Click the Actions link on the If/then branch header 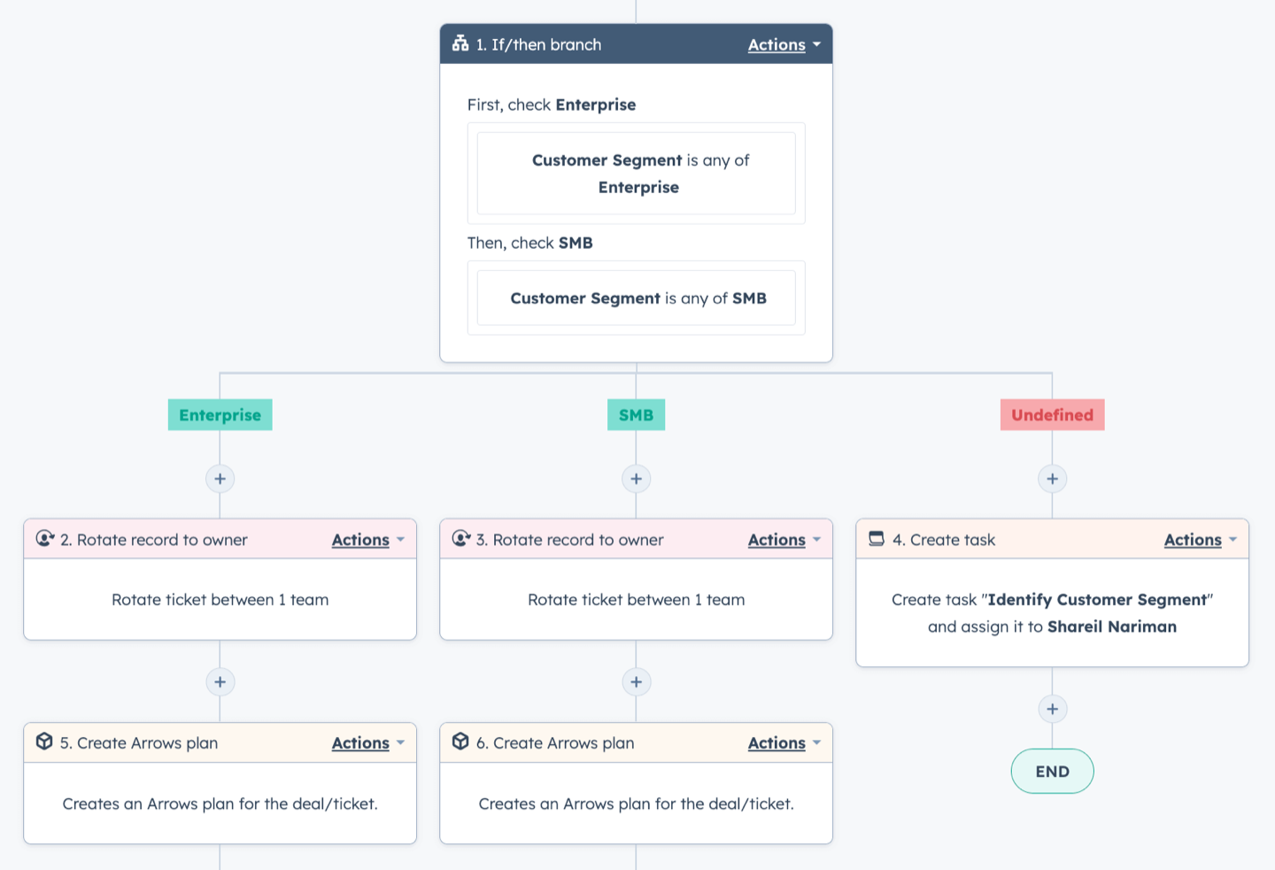click(x=777, y=44)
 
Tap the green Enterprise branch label click(x=220, y=415)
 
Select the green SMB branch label click(x=636, y=415)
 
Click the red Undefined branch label click(x=1052, y=415)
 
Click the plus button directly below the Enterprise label click(x=220, y=478)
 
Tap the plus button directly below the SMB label click(x=636, y=478)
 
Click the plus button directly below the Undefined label click(x=1052, y=478)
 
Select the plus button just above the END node click(x=1052, y=709)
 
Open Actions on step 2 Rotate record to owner click(x=360, y=540)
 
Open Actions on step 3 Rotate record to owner click(x=777, y=540)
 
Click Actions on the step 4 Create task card click(x=1193, y=540)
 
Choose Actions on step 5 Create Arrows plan click(x=360, y=742)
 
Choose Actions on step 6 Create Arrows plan click(x=777, y=742)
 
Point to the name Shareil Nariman click(x=1112, y=626)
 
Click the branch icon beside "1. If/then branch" click(x=460, y=43)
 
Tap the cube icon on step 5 click(x=44, y=742)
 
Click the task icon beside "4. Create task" click(x=877, y=538)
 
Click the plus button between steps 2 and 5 click(x=220, y=682)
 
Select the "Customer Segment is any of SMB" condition click(x=637, y=298)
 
